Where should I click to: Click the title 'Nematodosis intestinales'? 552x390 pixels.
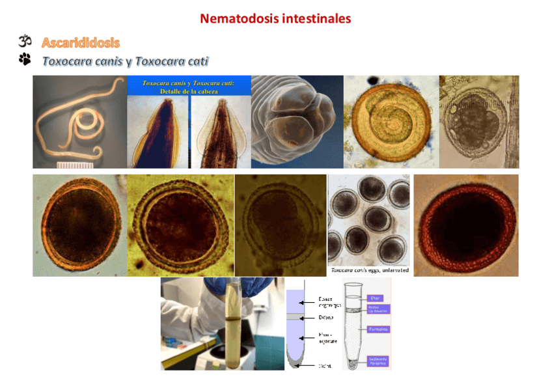275,18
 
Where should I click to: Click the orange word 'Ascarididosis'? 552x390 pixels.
81,43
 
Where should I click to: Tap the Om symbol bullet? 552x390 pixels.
25,42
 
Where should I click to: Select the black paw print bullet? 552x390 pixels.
25,61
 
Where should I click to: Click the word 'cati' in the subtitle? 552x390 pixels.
196,62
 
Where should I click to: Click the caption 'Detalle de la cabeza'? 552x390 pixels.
189,92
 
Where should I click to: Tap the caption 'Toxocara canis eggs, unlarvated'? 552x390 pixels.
369,270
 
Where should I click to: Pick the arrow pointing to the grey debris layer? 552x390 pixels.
309,317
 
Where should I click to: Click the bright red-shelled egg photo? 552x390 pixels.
466,225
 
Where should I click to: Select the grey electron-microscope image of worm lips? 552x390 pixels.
296,122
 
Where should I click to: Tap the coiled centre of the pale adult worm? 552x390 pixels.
85,120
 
